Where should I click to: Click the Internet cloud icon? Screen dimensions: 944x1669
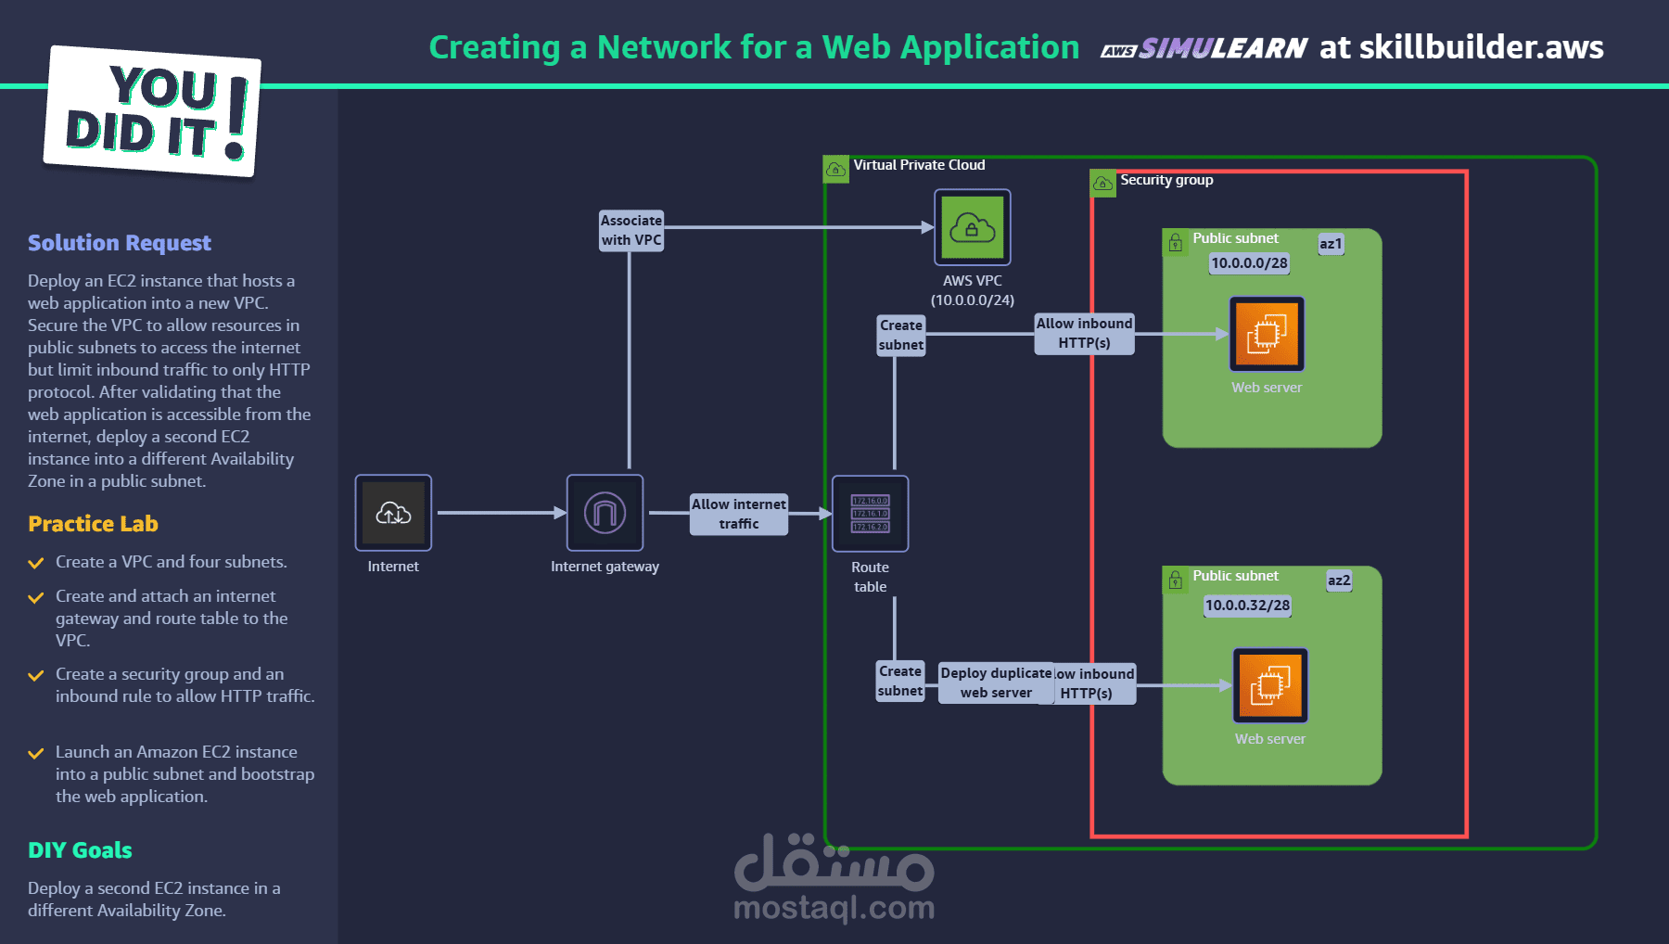point(393,513)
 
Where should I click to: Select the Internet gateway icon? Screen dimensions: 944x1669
point(605,513)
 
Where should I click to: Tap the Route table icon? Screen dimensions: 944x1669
point(870,514)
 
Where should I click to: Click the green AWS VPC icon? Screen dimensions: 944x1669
point(972,227)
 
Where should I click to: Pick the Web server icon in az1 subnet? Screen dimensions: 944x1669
point(1267,334)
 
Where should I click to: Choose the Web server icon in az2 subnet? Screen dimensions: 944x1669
point(1270,685)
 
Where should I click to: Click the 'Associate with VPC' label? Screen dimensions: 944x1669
point(631,230)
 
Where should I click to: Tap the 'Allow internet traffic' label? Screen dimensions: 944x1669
point(738,514)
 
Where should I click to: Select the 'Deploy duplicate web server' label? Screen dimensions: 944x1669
point(995,682)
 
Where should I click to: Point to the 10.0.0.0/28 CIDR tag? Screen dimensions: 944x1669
point(1249,263)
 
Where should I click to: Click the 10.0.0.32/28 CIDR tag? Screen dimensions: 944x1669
point(1247,606)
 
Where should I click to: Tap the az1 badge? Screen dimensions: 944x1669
point(1331,244)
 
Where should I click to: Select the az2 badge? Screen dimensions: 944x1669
point(1339,580)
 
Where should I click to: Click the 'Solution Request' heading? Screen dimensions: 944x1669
point(120,243)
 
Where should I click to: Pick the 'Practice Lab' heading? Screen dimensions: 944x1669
point(93,524)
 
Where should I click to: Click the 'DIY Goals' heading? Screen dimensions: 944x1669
point(80,850)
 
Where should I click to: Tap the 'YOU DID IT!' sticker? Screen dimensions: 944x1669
point(152,112)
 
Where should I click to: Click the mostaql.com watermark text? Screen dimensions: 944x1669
point(834,908)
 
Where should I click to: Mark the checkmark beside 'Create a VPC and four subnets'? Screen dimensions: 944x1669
point(36,563)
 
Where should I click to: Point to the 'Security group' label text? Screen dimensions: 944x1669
point(1166,180)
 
